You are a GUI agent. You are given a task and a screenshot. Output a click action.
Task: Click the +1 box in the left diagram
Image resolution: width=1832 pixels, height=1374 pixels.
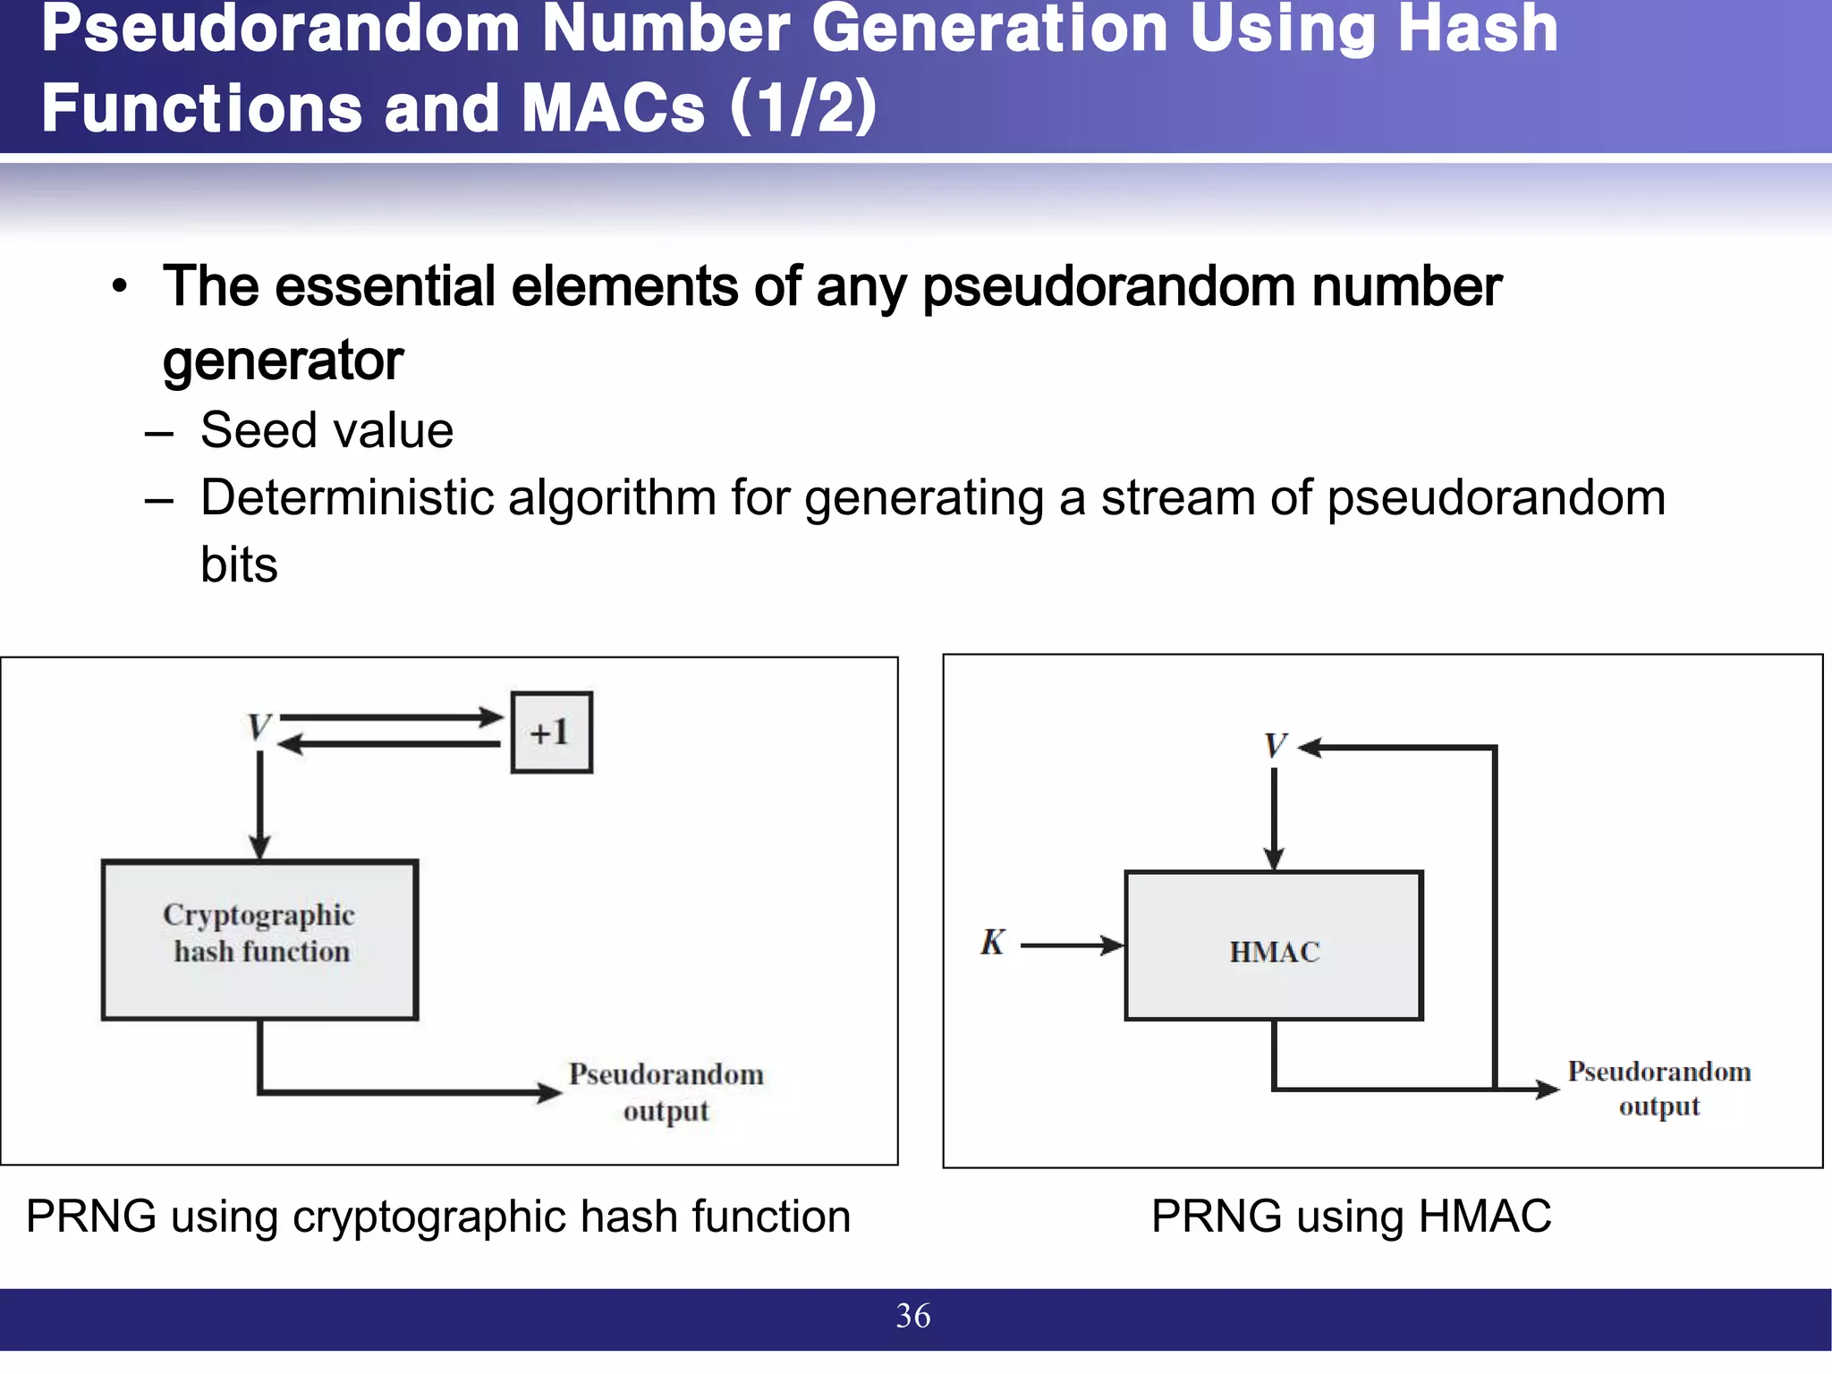point(551,732)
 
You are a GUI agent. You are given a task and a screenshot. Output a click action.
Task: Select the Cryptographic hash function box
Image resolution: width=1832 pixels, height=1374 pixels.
point(259,939)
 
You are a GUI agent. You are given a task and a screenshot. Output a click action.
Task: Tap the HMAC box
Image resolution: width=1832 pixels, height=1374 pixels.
point(1274,946)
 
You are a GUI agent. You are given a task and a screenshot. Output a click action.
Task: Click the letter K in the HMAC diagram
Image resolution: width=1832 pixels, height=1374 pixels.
point(992,942)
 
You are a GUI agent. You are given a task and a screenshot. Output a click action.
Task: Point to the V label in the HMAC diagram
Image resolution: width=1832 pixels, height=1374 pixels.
point(1275,745)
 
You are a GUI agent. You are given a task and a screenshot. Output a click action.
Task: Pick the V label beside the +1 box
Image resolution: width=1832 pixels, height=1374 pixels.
point(259,727)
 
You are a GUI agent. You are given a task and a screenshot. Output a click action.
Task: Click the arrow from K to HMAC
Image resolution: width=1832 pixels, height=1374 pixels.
point(1072,945)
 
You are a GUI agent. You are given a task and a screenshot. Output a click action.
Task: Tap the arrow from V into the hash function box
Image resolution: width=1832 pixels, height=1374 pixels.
point(259,805)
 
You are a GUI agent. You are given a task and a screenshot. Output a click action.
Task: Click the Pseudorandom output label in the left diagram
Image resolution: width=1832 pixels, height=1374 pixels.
point(666,1091)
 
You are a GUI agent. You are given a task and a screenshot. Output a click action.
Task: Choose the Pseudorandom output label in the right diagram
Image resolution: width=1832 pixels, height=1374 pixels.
point(1658,1088)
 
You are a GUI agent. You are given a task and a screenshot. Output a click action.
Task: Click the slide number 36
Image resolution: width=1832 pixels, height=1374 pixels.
point(912,1316)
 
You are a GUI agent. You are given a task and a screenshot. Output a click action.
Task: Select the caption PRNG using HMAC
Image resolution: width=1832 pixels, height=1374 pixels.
point(1351,1217)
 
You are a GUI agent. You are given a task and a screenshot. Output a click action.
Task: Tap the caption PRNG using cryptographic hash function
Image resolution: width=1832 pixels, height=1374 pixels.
point(438,1217)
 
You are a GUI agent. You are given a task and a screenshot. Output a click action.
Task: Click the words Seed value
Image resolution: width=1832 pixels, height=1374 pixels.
point(327,430)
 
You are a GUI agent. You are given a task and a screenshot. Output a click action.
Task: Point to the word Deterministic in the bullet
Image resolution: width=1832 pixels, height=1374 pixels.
point(347,497)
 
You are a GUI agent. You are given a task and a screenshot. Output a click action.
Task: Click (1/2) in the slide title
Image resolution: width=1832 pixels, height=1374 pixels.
point(802,107)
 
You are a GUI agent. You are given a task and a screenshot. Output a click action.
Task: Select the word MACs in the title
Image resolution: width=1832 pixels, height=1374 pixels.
point(614,107)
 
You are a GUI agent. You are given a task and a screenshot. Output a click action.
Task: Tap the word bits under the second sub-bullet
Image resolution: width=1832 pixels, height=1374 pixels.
point(239,564)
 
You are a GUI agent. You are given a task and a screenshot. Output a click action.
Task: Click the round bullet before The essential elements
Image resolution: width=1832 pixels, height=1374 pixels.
point(120,287)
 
